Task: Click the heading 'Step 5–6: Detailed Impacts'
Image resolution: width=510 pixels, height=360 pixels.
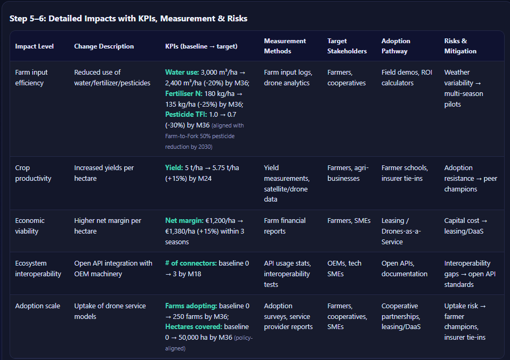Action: (128, 19)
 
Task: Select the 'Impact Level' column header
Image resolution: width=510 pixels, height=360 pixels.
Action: (34, 46)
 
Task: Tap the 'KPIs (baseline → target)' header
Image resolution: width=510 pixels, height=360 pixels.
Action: (201, 46)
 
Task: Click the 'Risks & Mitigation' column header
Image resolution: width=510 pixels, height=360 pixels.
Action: (460, 46)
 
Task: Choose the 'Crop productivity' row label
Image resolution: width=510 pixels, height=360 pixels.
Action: (33, 173)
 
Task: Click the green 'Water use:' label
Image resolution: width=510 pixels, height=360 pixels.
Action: (182, 73)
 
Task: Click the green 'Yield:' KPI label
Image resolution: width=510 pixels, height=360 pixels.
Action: (174, 168)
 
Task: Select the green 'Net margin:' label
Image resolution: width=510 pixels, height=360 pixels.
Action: (184, 221)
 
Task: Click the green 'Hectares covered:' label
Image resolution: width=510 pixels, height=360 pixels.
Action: (193, 326)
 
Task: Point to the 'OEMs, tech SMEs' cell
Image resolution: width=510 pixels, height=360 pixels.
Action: (344, 269)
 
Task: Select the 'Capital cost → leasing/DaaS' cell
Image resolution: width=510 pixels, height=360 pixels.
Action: (466, 226)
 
